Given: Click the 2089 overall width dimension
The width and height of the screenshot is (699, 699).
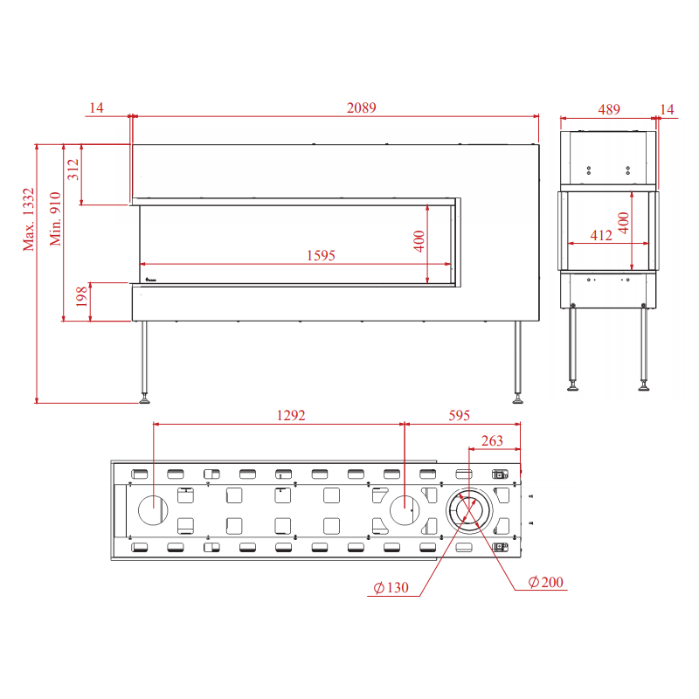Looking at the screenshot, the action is [x=361, y=107].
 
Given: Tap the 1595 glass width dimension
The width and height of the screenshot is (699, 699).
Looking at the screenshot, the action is [x=321, y=255].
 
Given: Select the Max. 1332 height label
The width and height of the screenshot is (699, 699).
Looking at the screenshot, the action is [x=29, y=219].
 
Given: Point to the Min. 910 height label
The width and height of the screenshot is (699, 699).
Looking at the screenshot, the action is [x=55, y=219].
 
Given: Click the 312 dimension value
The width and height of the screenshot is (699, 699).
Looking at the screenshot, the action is [x=73, y=170].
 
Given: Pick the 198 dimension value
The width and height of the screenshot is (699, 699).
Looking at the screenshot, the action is [x=81, y=296].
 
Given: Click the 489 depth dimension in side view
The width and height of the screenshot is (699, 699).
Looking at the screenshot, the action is [x=609, y=109].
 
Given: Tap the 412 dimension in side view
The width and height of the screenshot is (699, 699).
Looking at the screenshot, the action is [x=601, y=235].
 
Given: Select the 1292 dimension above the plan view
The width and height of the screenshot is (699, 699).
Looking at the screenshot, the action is [x=291, y=416].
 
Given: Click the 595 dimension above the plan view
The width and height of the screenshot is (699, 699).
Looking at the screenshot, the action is [x=460, y=416].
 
